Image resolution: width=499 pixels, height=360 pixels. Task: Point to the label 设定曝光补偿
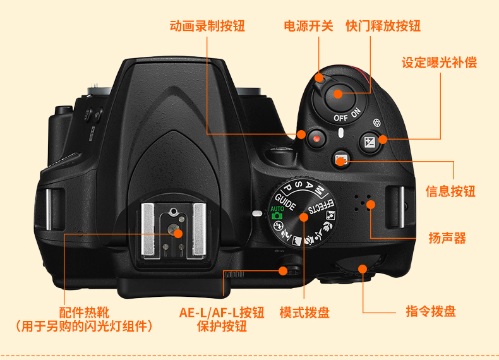(439, 63)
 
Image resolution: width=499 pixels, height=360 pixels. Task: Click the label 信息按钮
(450, 191)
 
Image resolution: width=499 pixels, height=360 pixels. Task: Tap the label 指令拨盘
(430, 311)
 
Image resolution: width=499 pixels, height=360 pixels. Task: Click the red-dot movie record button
(316, 137)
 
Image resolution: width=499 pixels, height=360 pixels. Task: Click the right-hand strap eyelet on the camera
(395, 207)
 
